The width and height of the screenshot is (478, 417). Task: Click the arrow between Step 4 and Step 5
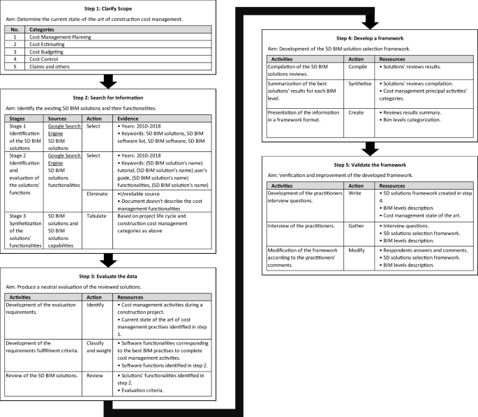click(x=368, y=149)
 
